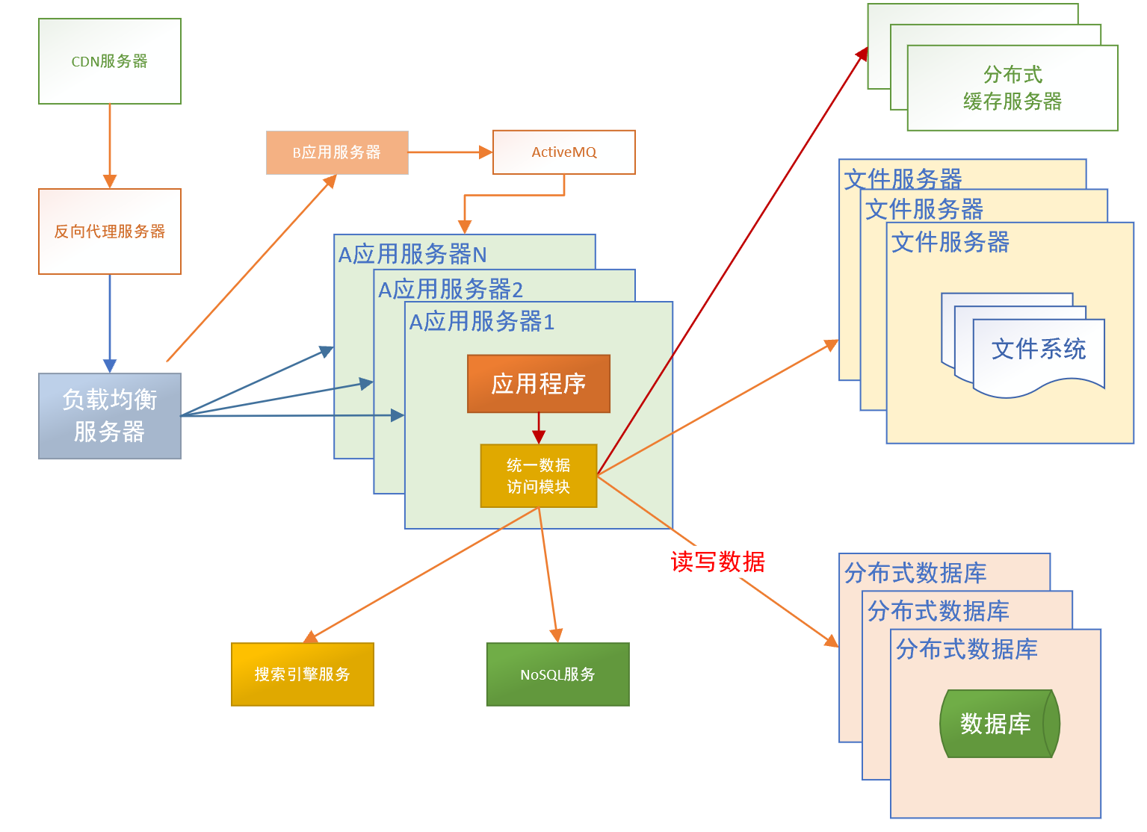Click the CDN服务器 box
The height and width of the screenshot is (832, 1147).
pyautogui.click(x=110, y=61)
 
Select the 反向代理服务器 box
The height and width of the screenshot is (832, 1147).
pyautogui.click(x=110, y=232)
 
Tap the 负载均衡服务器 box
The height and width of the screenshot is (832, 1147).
pyautogui.click(x=110, y=416)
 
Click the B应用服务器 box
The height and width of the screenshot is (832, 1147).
pyautogui.click(x=337, y=152)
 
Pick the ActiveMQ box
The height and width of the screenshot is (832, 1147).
pyautogui.click(x=563, y=152)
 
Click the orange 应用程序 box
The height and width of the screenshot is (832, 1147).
pyautogui.click(x=538, y=384)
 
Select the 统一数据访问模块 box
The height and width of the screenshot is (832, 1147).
pyautogui.click(x=538, y=476)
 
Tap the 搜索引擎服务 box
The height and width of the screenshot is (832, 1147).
pyautogui.click(x=302, y=674)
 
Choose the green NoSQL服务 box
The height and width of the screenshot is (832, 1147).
pyautogui.click(x=557, y=674)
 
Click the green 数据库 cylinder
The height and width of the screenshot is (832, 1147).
pyautogui.click(x=998, y=724)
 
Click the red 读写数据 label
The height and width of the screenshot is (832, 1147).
pyautogui.click(x=717, y=562)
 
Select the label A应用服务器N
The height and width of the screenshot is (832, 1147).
pyautogui.click(x=412, y=255)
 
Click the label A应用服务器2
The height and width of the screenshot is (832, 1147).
pyautogui.click(x=451, y=289)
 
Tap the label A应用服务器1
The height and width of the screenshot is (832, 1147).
pyautogui.click(x=482, y=322)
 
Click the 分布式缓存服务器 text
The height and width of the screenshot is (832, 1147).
pyautogui.click(x=1012, y=88)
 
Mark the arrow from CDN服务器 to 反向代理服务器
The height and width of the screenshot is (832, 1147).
pyautogui.click(x=110, y=146)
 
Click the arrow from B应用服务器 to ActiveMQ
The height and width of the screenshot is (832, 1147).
pyautogui.click(x=450, y=152)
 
